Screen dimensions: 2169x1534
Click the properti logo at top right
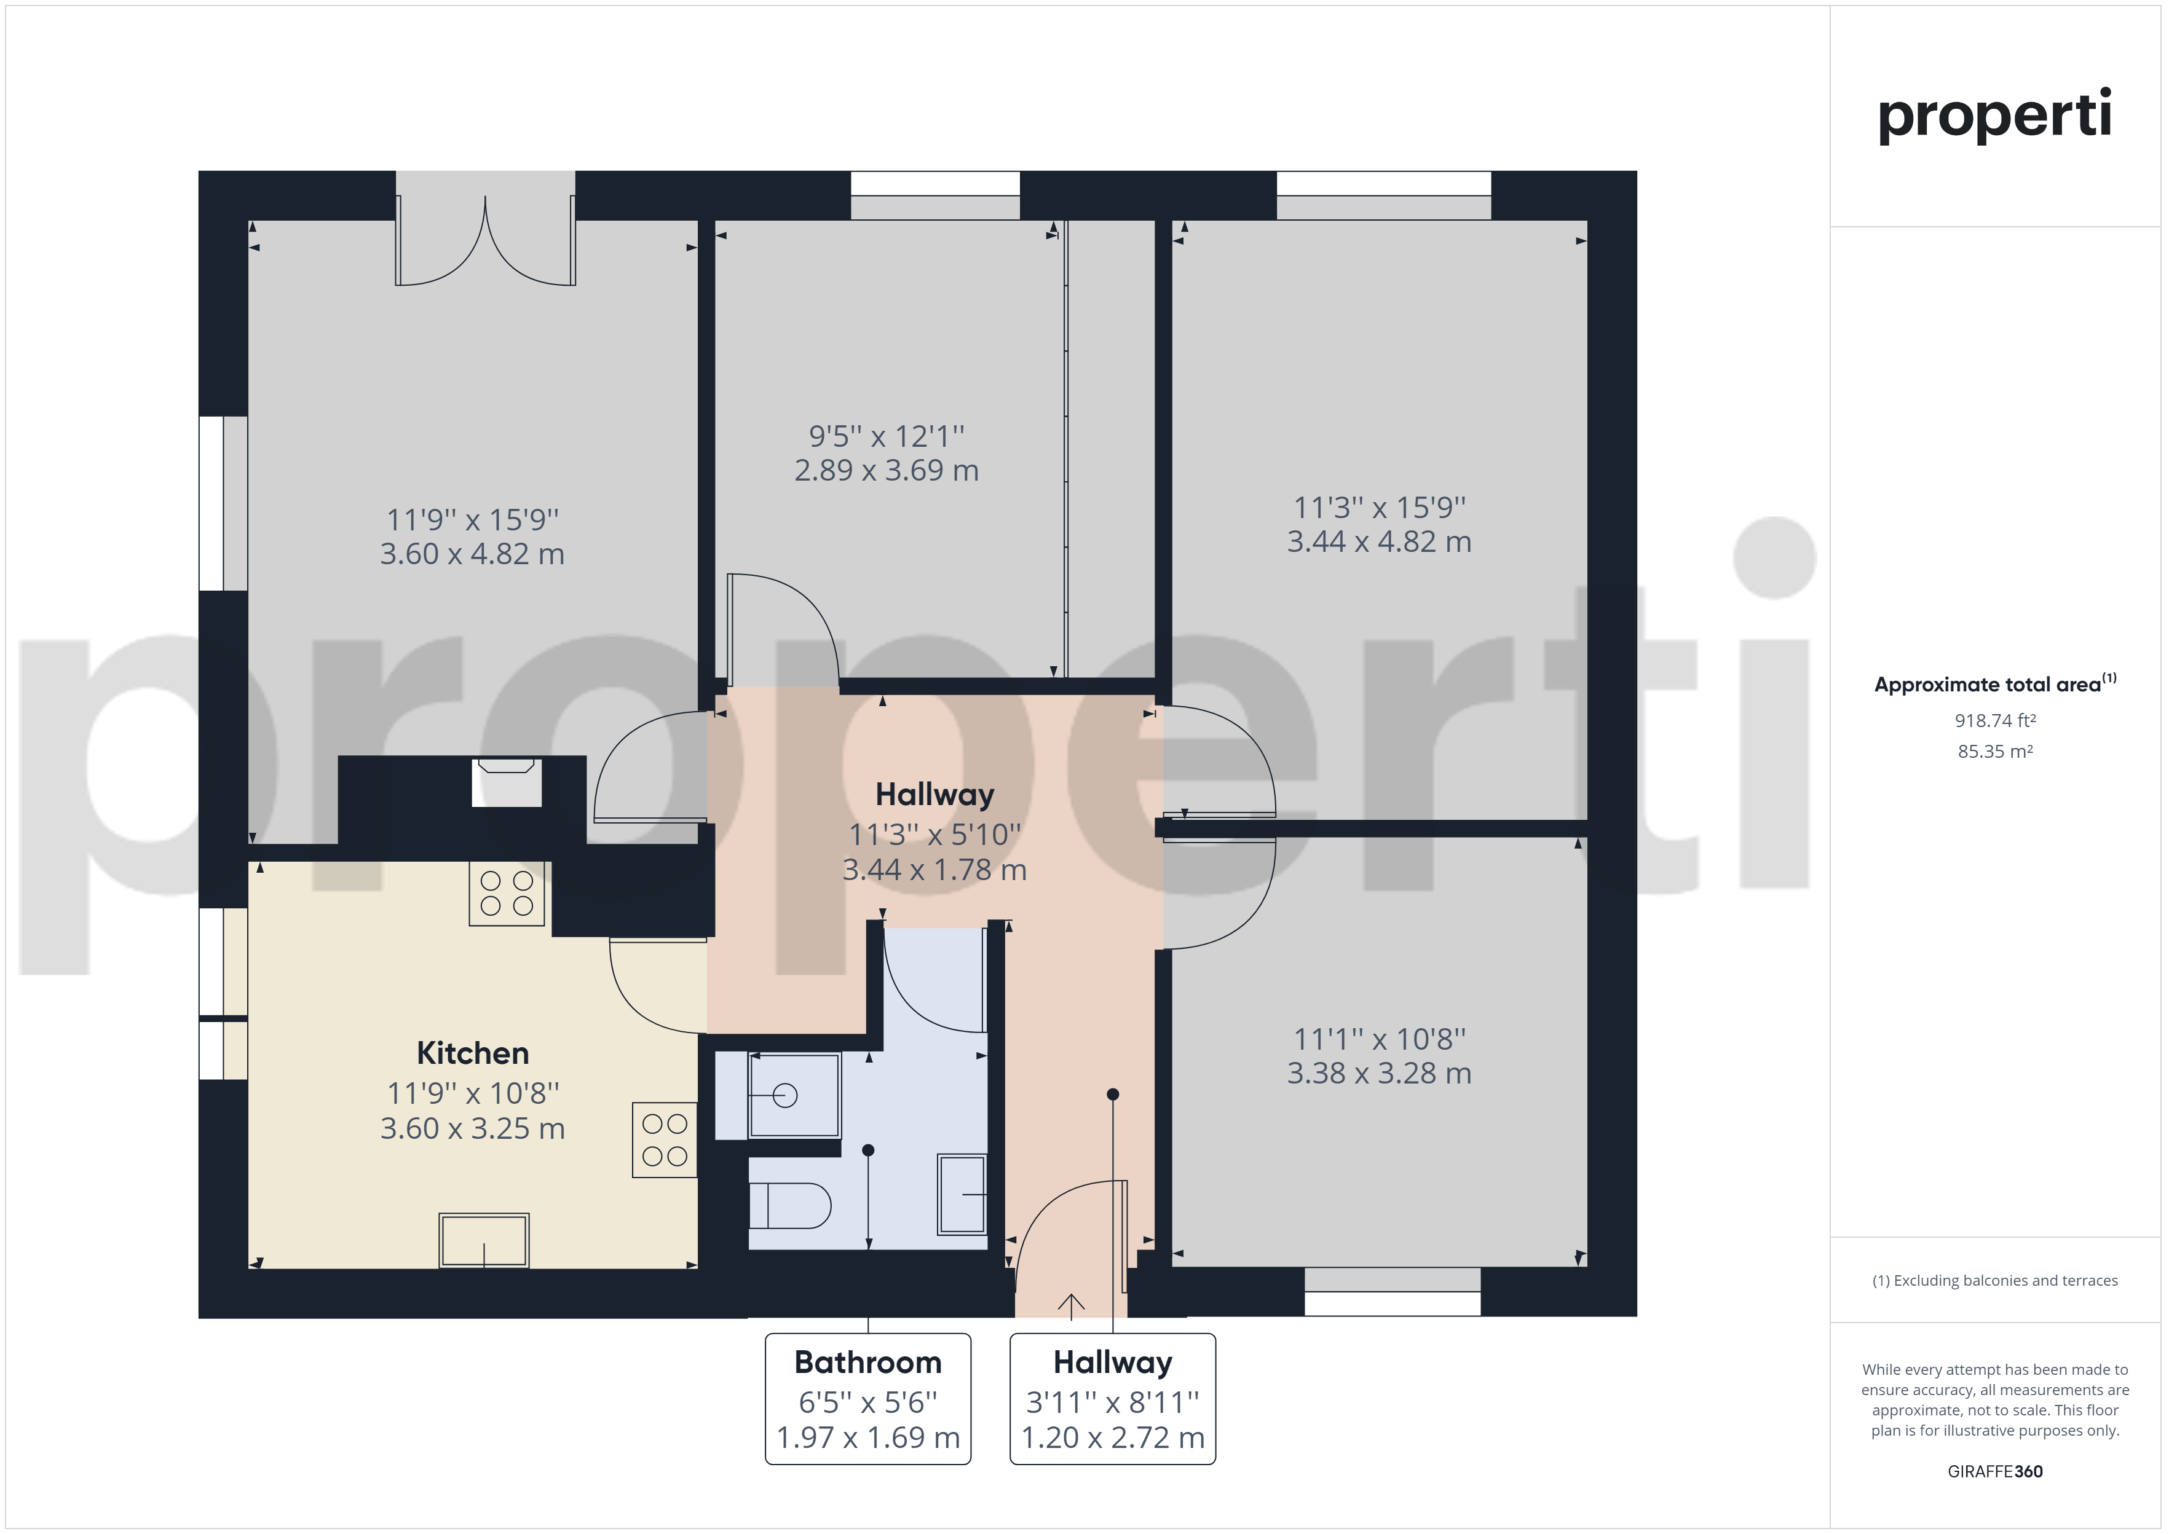[x=1994, y=116]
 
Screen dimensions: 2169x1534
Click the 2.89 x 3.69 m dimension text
[x=886, y=470]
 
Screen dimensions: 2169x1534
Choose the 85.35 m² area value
[x=1994, y=751]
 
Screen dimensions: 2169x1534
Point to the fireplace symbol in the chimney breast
[x=507, y=782]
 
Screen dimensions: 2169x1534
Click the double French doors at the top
[x=484, y=241]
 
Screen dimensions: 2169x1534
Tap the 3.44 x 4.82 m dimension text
[x=1379, y=541]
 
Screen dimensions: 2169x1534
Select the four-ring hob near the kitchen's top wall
[x=507, y=892]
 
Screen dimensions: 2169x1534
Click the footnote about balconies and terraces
[x=1994, y=1280]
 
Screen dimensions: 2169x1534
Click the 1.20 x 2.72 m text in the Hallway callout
[x=1113, y=1437]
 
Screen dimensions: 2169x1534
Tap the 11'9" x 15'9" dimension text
[x=472, y=519]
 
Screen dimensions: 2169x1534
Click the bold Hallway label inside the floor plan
[x=934, y=795]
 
